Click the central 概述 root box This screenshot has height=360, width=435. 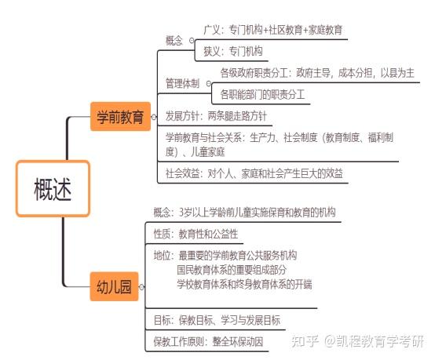53,188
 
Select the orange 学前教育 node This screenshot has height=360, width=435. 120,116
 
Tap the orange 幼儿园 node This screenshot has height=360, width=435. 114,286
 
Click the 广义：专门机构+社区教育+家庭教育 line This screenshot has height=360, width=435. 272,30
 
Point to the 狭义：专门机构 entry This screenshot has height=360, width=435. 232,51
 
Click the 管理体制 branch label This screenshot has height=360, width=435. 182,83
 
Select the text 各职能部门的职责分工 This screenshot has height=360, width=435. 262,94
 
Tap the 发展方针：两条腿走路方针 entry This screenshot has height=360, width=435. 216,116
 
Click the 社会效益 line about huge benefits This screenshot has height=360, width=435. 254,173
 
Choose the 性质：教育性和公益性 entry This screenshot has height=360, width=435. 196,234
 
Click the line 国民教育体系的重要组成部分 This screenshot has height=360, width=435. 232,270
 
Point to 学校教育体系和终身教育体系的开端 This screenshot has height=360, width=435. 244,285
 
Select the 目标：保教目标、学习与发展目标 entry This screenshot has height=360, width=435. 217,320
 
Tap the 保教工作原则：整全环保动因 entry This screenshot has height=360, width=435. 208,341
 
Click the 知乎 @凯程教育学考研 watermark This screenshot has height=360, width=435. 357,341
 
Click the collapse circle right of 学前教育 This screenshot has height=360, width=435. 154,117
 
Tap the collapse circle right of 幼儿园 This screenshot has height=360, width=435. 141,287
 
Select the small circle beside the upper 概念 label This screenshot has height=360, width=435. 192,41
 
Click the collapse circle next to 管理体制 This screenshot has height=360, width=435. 209,83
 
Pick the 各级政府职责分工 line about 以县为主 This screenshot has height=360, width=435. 317,73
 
